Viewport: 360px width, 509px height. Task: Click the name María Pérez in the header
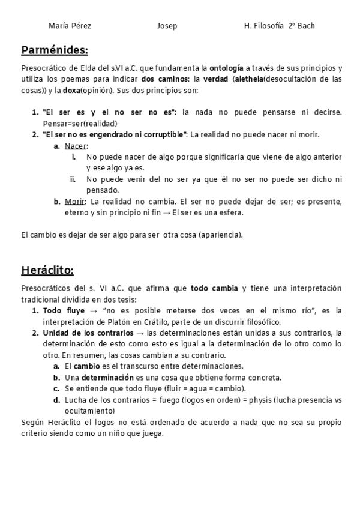70,26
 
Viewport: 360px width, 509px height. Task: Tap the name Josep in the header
167,26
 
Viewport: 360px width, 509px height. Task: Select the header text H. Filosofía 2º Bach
280,26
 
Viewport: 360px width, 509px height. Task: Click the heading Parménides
55,49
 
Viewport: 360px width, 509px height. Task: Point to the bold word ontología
226,68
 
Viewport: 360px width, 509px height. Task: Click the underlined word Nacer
75,146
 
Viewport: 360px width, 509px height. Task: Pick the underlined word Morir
74,201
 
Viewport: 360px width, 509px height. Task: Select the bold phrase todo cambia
215,288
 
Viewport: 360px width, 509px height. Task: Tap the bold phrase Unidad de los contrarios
88,333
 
